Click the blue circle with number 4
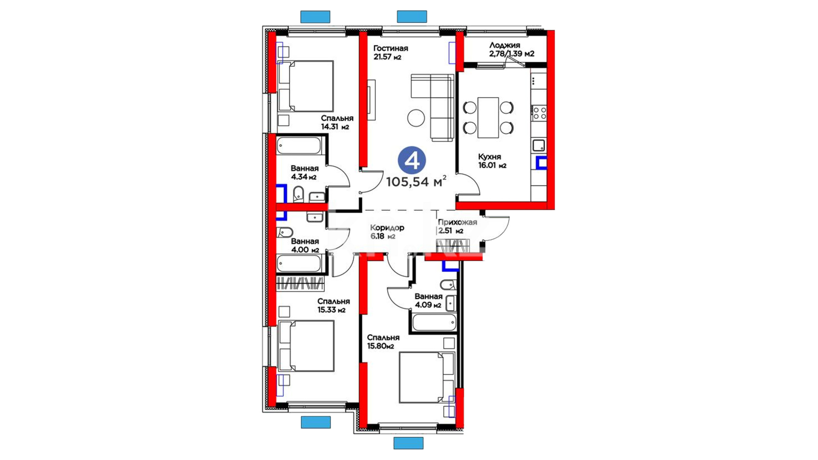412,161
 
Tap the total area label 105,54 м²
416,181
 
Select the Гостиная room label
391,49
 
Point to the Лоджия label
504,45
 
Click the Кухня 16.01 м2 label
492,161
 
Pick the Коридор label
387,228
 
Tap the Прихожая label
458,222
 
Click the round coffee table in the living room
416,118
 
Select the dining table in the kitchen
488,118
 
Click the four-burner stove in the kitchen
539,113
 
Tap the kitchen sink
539,145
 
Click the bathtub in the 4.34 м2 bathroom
299,146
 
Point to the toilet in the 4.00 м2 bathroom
285,233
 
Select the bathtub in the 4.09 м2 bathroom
434,322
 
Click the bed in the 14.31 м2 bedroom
305,86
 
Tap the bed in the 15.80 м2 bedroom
427,377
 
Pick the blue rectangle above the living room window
412,17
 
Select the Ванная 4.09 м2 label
428,301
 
